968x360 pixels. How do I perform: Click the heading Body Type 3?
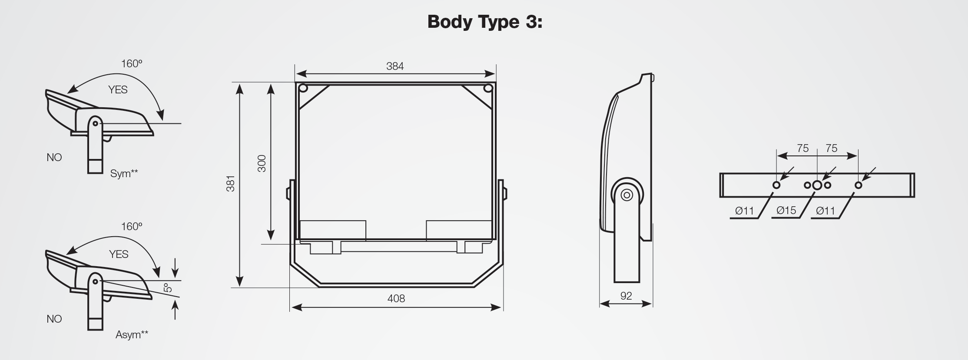pos(485,22)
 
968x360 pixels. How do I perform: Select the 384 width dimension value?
pos(395,66)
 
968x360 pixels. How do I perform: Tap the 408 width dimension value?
pos(396,299)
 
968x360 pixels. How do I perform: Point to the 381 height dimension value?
pos(231,184)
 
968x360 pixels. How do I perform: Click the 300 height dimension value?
pos(262,163)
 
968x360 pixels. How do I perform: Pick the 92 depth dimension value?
pos(626,296)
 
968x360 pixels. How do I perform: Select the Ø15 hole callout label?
pos(786,211)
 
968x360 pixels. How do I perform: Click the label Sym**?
pos(124,174)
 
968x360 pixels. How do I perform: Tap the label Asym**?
pos(132,335)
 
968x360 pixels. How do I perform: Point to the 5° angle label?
pos(167,287)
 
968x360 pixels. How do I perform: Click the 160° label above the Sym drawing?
pos(132,64)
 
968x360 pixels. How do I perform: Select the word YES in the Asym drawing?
pos(119,254)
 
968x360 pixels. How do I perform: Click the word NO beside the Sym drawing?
pos(54,158)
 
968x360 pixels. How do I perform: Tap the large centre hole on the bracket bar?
pos(817,185)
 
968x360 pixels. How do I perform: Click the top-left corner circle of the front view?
pos(303,89)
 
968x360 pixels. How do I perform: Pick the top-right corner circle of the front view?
pos(488,89)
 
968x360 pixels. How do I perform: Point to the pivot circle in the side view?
pos(627,195)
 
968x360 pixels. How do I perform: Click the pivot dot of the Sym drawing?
pos(95,124)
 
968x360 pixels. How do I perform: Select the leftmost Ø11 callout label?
pos(744,211)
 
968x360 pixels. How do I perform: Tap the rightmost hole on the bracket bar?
pos(858,185)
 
